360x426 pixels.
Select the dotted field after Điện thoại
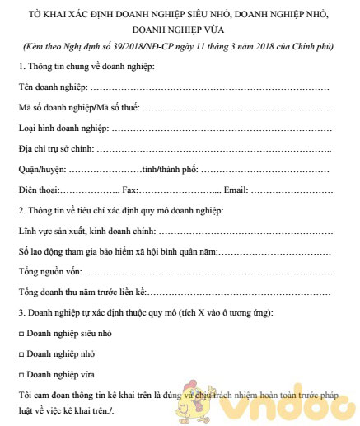pos(86,191)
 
